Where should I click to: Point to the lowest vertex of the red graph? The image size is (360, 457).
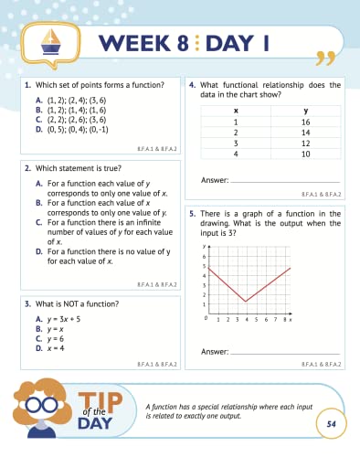point(245,302)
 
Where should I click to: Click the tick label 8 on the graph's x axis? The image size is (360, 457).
point(282,320)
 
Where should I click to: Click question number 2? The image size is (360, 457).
point(28,168)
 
